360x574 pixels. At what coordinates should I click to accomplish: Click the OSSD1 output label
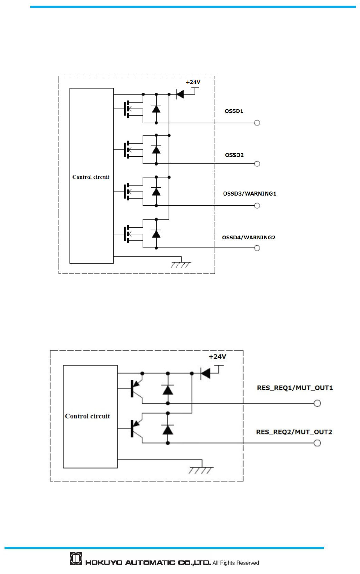[x=234, y=111]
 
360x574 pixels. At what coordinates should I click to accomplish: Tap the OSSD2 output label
[x=234, y=155]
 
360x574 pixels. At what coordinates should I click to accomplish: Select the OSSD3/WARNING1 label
[x=249, y=194]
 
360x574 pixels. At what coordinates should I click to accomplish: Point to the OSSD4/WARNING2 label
[x=249, y=237]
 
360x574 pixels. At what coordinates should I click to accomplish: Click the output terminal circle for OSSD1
[x=257, y=123]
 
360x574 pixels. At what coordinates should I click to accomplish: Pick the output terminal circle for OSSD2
[x=257, y=164]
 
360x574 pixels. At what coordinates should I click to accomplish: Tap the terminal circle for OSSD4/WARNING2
[x=257, y=248]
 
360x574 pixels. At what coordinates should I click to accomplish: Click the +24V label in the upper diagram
[x=193, y=82]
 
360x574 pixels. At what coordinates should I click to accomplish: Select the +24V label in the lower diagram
[x=217, y=357]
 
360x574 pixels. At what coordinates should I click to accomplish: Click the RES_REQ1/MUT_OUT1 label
[x=295, y=388]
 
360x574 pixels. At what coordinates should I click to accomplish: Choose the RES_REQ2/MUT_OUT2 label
[x=294, y=432]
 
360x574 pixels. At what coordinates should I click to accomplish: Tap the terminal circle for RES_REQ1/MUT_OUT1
[x=317, y=403]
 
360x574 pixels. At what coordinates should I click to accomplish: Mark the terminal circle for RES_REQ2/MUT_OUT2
[x=317, y=443]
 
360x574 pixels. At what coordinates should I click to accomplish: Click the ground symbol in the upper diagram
[x=181, y=264]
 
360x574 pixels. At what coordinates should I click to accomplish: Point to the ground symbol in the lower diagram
[x=201, y=470]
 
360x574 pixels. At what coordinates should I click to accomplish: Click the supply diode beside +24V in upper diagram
[x=180, y=94]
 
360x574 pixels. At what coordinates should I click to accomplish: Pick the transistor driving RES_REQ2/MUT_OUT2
[x=135, y=429]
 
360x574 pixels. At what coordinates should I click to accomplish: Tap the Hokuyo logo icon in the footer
[x=76, y=559]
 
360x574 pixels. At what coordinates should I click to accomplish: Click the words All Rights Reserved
[x=236, y=563]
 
